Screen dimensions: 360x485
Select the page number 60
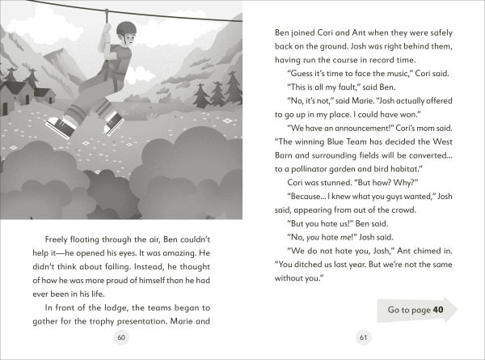[x=122, y=337]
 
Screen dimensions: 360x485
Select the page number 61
[x=363, y=337]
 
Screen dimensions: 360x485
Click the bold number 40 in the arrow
[x=438, y=310]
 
